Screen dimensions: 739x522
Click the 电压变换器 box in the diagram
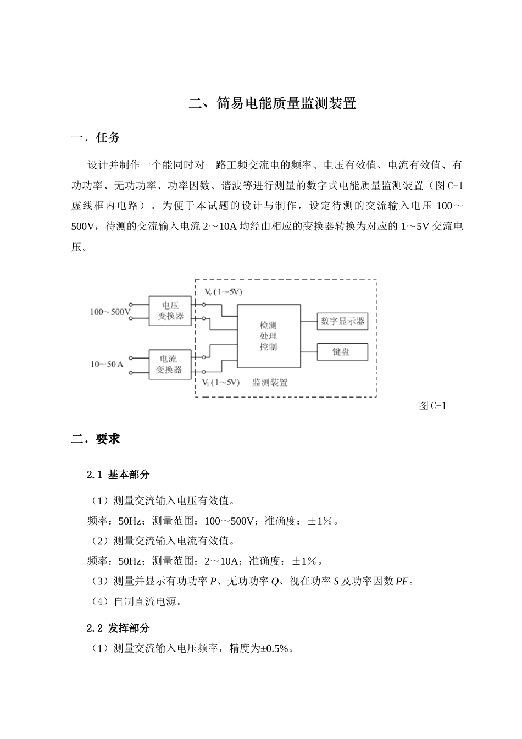click(170, 311)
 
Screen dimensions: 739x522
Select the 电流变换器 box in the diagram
click(170, 364)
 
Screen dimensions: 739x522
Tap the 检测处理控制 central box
click(269, 336)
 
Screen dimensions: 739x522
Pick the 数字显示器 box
click(342, 321)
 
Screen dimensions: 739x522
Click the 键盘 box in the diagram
click(342, 352)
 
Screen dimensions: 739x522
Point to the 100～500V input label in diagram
click(110, 312)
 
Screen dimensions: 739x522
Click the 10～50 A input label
click(107, 364)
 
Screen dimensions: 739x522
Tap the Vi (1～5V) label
click(220, 382)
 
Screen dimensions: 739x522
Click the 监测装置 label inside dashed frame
click(270, 382)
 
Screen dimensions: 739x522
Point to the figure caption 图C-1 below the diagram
click(432, 406)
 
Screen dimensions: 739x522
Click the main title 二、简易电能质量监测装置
click(273, 103)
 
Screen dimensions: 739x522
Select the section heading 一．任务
click(96, 137)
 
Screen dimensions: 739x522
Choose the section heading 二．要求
click(96, 439)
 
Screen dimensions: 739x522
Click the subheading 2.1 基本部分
click(118, 475)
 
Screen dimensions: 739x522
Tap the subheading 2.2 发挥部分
click(118, 628)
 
